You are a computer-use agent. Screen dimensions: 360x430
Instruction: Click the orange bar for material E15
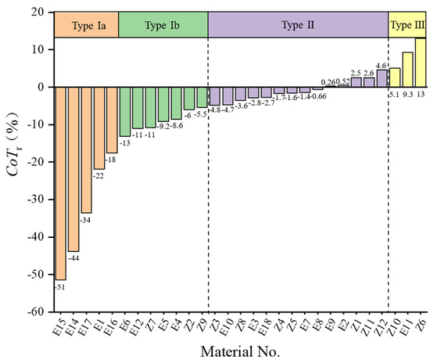pyautogui.click(x=60, y=182)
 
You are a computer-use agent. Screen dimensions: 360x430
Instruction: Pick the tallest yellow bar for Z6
pyautogui.click(x=421, y=63)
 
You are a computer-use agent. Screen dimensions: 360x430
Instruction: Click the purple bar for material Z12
pyautogui.click(x=382, y=78)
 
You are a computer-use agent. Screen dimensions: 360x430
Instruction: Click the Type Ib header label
pyautogui.click(x=163, y=25)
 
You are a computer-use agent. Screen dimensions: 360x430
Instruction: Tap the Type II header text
pyautogui.click(x=298, y=25)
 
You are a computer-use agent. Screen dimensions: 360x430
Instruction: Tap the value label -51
pyautogui.click(x=60, y=286)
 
